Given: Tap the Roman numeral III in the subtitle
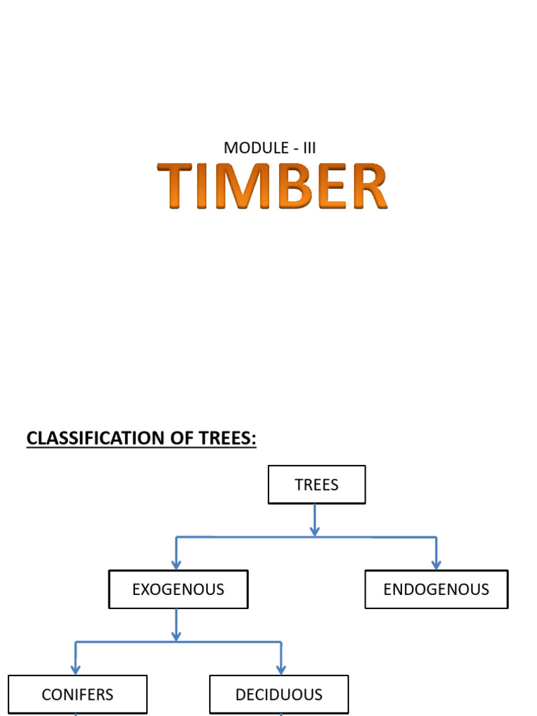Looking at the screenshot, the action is click(309, 148).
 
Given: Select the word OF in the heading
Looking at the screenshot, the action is click(181, 438).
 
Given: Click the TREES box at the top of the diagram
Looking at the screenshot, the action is click(317, 485).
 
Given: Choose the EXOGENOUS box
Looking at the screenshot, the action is click(178, 589).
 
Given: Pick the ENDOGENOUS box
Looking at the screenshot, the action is click(436, 589).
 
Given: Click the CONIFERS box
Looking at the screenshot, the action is click(78, 694).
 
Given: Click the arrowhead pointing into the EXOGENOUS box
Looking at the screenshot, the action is click(176, 564).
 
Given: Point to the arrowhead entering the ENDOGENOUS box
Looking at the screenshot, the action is click(436, 564).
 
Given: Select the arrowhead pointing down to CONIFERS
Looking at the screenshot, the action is click(76, 668).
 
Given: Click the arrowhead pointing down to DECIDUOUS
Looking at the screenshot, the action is click(281, 668).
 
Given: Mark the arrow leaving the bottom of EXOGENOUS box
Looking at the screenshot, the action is click(176, 624).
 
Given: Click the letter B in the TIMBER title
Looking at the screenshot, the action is click(301, 186).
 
